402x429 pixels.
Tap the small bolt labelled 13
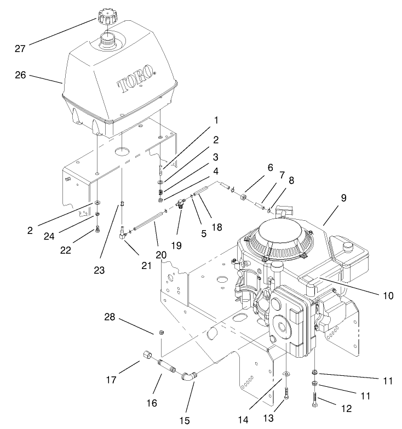pyautogui.click(x=286, y=391)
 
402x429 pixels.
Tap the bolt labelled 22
pyautogui.click(x=97, y=229)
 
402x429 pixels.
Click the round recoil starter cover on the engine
pyautogui.click(x=279, y=239)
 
